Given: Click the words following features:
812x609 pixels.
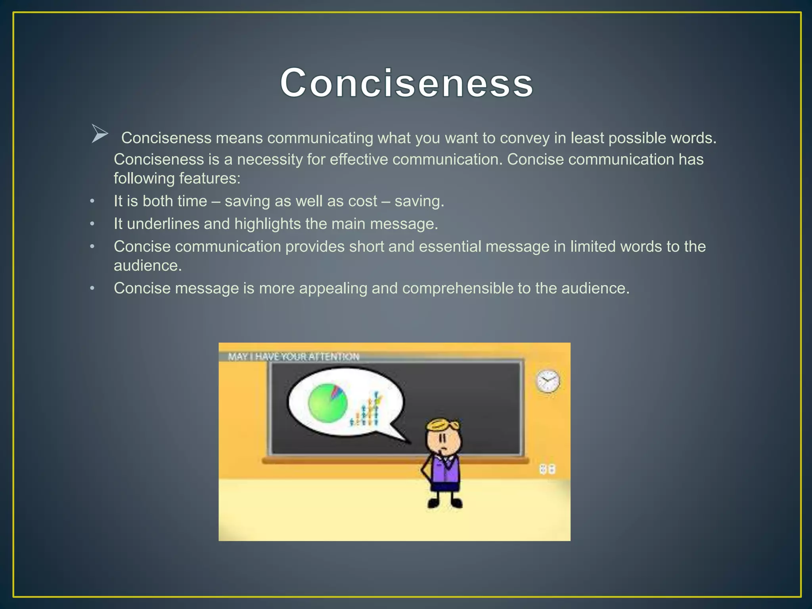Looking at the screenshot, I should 177,178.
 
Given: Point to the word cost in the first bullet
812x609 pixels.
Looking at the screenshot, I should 362,201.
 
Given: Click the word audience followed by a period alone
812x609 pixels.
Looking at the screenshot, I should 147,266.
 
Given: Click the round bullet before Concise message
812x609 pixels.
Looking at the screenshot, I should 92,288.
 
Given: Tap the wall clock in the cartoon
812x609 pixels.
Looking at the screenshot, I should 548,381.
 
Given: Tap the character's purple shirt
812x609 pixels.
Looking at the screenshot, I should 447,469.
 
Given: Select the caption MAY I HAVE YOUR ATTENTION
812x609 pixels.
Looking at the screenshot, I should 293,356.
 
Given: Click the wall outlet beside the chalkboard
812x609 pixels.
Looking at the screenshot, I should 547,469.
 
